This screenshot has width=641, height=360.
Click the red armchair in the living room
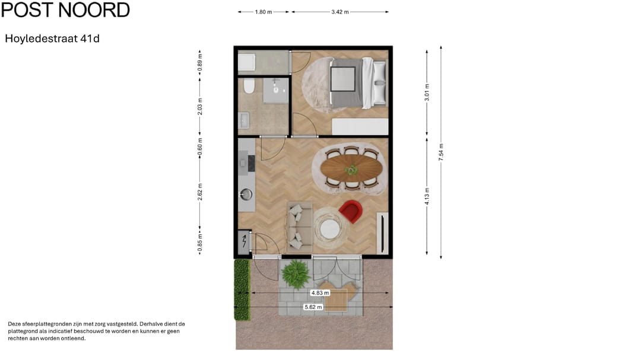pos(351,211)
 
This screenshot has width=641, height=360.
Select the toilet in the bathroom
pos(249,87)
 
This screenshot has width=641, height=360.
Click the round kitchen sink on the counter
pos(246,193)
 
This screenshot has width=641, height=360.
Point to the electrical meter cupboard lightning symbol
pos(244,242)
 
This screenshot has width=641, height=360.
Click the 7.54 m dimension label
pos(440,153)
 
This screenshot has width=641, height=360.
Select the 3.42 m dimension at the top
pos(340,12)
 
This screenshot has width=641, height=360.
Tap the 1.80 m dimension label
pos(264,12)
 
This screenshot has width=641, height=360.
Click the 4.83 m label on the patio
pos(320,292)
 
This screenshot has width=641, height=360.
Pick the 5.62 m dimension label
pos(313,307)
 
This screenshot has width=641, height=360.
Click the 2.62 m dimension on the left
pos(200,194)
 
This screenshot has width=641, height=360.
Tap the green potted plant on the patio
pos(295,274)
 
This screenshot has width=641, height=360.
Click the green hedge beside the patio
pos(241,289)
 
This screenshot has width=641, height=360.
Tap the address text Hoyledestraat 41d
pos(52,39)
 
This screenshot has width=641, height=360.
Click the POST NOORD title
pos(65,10)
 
